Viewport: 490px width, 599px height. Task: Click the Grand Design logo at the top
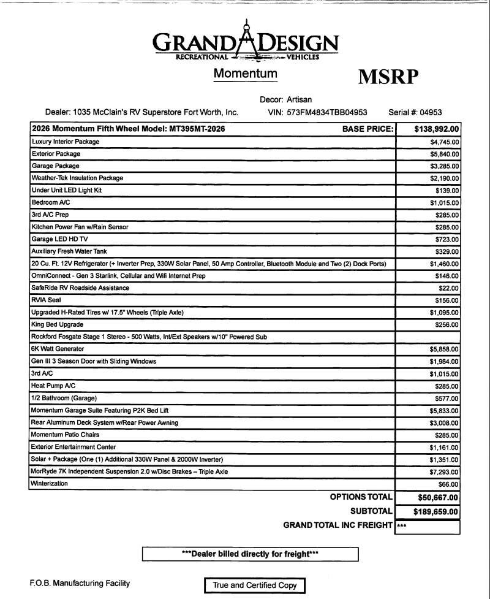pos(245,43)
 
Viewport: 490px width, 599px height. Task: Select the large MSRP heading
pos(388,77)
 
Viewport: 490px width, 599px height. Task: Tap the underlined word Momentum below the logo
pos(245,74)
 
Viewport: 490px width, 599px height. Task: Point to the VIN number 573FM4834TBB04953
pos(327,112)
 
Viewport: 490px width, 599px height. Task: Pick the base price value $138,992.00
pos(437,129)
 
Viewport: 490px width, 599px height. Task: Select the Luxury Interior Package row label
pos(65,142)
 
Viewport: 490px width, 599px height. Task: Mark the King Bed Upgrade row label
pos(57,324)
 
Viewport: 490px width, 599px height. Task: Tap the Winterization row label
pos(50,484)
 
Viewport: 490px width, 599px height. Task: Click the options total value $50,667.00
pos(438,497)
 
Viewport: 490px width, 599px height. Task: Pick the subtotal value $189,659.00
pos(437,511)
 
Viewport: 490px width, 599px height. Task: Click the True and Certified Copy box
pos(254,586)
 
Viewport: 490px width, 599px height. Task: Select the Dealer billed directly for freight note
pos(250,554)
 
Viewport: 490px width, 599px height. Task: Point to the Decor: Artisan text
pos(290,99)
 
